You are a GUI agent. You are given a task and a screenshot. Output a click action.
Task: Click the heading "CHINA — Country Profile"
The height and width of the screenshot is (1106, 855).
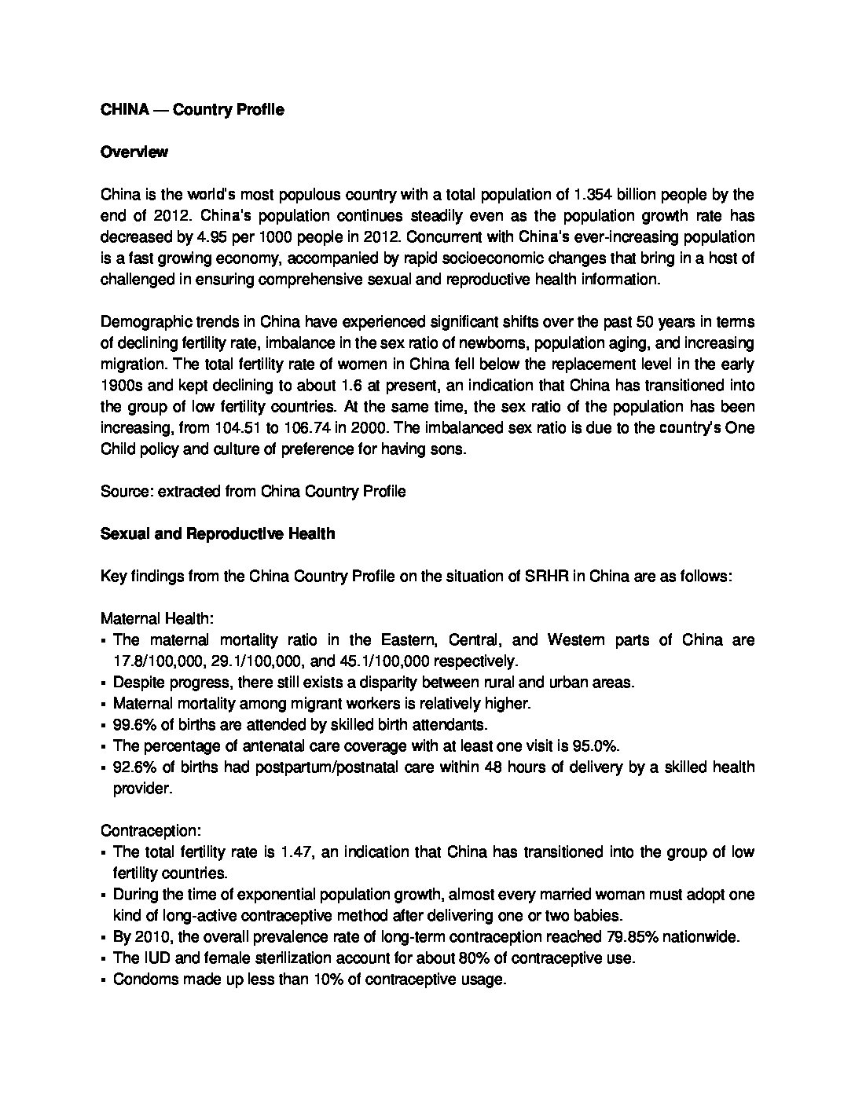pyautogui.click(x=192, y=110)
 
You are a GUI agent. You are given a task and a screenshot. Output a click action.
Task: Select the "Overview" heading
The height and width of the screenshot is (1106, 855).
pyautogui.click(x=134, y=152)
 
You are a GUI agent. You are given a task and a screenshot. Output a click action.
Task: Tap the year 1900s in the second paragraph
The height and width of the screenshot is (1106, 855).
pyautogui.click(x=122, y=386)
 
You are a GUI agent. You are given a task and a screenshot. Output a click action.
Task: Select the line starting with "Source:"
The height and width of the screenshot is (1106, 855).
pyautogui.click(x=253, y=492)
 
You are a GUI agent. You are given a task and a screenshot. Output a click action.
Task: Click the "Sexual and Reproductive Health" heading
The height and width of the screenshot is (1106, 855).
pyautogui.click(x=218, y=534)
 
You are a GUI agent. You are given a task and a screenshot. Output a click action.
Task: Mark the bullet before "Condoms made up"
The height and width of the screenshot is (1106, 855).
pyautogui.click(x=105, y=980)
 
